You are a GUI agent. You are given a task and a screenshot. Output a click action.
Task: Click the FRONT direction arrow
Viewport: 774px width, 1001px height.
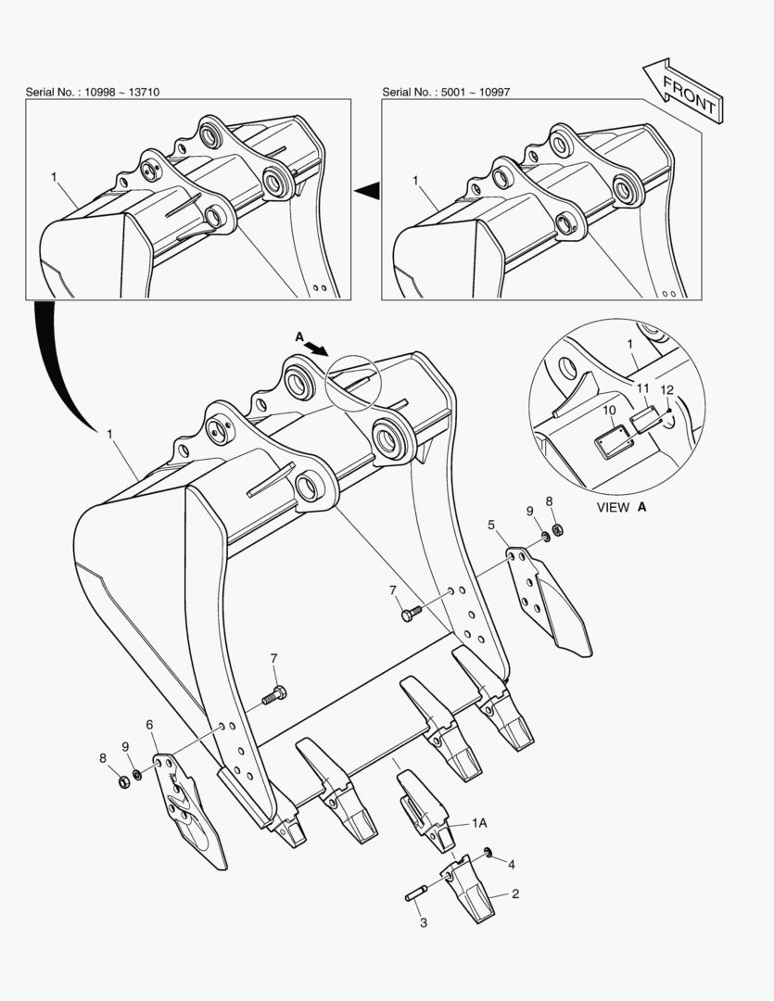[x=682, y=90]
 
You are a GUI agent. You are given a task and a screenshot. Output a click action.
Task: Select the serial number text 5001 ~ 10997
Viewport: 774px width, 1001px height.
[x=476, y=92]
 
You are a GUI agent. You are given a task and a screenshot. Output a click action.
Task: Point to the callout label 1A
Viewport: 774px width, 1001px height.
[x=479, y=823]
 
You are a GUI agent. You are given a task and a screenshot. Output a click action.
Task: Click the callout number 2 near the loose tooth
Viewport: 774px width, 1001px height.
[x=515, y=893]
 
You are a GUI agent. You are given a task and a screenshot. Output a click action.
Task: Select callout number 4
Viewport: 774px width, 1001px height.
[x=511, y=865]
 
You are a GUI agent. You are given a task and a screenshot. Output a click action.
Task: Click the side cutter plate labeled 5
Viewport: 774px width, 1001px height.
[x=550, y=599]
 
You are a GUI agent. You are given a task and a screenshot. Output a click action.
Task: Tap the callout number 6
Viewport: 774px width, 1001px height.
[x=149, y=725]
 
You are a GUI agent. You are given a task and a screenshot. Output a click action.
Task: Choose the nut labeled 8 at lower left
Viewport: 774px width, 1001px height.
[x=124, y=781]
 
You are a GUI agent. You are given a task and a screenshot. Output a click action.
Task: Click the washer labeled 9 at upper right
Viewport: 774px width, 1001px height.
[x=546, y=537]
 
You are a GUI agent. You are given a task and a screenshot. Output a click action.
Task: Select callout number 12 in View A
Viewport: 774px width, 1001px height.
[x=666, y=390]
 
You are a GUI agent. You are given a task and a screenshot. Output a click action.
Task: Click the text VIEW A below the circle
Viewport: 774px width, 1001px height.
[x=621, y=508]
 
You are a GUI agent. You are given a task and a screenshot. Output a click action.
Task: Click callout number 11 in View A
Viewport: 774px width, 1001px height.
[x=642, y=388]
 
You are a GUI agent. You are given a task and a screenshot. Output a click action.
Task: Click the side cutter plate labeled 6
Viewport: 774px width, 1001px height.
[x=190, y=811]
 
